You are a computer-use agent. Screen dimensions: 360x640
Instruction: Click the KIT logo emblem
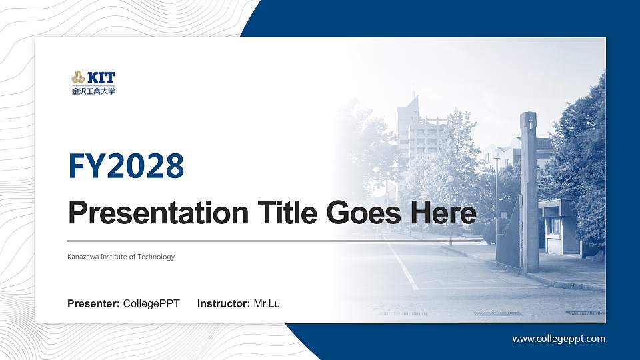point(78,77)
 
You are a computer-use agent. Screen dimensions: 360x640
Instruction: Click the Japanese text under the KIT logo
point(93,91)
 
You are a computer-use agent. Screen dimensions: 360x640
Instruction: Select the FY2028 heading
point(126,166)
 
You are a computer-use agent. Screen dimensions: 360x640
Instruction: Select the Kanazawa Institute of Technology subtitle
point(121,257)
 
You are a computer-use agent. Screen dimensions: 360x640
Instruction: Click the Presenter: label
point(93,304)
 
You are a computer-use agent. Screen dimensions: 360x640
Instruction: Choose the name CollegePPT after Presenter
point(151,304)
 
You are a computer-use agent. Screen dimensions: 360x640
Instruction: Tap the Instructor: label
point(224,304)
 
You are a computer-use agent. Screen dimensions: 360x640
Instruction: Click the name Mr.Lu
point(267,304)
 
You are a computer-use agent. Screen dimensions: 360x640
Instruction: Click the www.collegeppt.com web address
point(559,339)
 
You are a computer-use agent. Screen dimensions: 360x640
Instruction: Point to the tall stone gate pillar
point(529,193)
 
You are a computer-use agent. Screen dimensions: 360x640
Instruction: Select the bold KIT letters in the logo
point(100,77)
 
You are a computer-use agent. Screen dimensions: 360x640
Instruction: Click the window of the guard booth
point(553,225)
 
